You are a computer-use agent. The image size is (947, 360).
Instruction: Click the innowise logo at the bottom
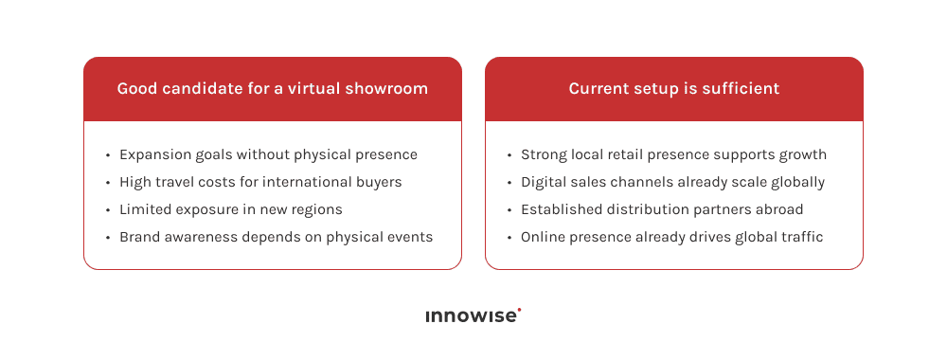pyautogui.click(x=472, y=316)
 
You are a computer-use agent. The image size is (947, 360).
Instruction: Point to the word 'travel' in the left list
pyautogui.click(x=177, y=182)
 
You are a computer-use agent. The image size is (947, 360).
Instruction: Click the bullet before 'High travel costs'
pyautogui.click(x=108, y=182)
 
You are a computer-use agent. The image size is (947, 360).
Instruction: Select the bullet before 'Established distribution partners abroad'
pyautogui.click(x=509, y=209)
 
